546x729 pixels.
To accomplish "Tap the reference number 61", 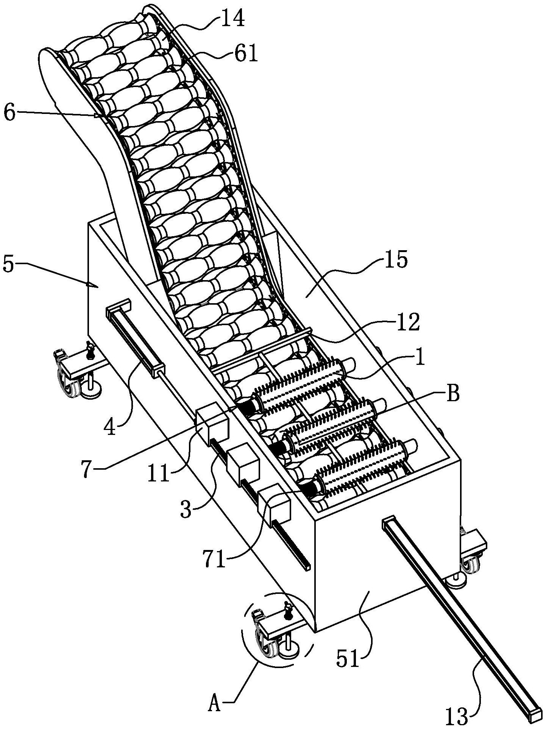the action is coord(246,54).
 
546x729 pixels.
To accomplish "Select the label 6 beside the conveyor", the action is coord(10,112).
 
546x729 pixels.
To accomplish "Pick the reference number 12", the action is coord(409,323).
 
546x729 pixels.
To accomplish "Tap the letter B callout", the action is coord(452,394).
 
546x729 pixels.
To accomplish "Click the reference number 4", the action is coord(110,428).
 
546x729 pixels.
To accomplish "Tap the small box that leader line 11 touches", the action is coord(212,424).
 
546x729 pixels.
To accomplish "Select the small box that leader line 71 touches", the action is coord(274,505).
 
